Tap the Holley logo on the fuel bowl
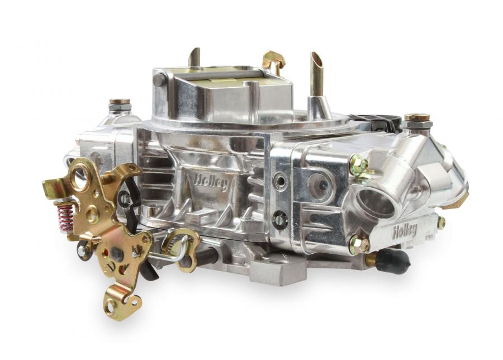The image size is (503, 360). tap(405, 231)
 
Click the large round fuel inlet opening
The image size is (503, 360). tap(376, 202)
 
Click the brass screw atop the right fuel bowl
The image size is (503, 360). tap(417, 117)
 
